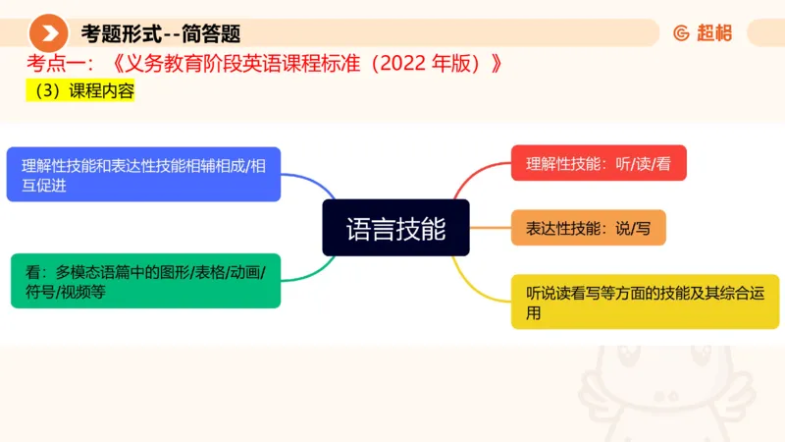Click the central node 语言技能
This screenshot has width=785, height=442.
tap(395, 228)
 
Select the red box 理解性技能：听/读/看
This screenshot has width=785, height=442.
tap(599, 163)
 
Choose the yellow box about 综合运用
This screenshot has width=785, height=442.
tap(645, 302)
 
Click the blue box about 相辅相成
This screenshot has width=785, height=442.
tap(143, 175)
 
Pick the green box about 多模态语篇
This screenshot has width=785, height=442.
tap(145, 280)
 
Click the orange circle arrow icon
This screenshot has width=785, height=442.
tap(48, 33)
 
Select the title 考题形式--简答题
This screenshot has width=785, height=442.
tap(161, 33)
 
